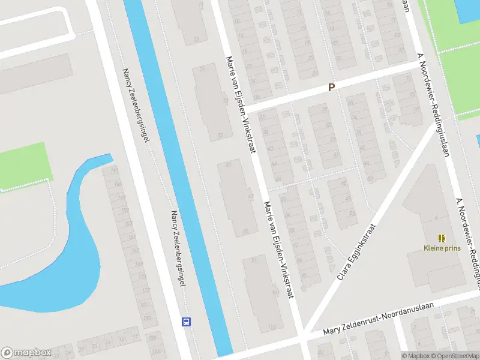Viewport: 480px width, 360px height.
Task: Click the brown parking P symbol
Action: (331, 87)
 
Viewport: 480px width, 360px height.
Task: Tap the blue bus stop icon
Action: (187, 322)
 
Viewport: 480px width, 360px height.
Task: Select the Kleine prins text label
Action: (442, 248)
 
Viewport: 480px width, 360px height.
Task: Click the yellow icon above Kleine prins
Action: (442, 238)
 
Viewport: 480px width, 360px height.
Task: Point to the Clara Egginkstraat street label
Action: (356, 253)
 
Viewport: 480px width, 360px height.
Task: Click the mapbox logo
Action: (26, 353)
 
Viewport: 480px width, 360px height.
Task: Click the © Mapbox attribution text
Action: (417, 356)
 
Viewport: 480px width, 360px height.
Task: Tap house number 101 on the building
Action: (275, 293)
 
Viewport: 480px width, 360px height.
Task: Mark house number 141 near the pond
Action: (113, 171)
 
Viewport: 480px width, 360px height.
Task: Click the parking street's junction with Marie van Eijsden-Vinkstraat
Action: (246, 107)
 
